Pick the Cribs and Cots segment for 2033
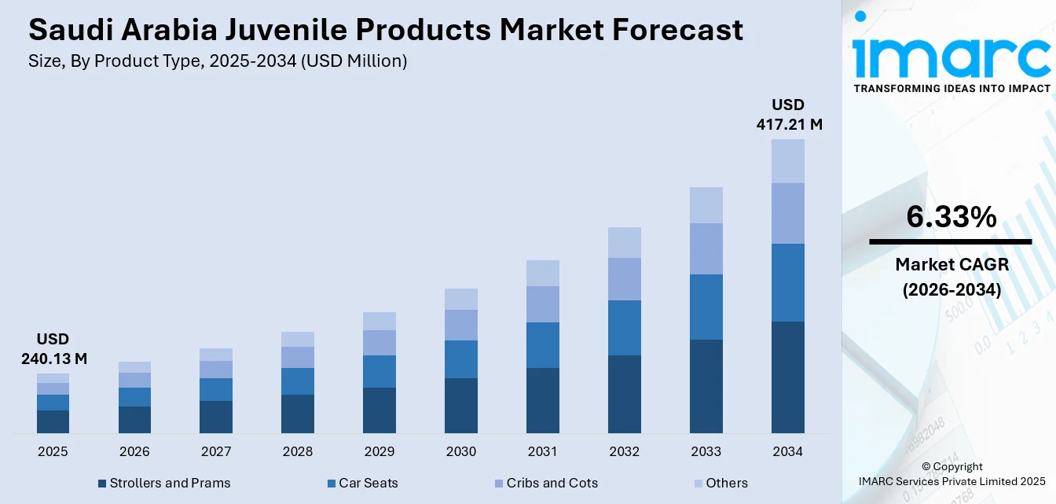(706, 248)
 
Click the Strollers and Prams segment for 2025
(53, 421)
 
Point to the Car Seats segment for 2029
(379, 371)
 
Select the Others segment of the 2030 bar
(461, 299)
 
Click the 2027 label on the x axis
(216, 452)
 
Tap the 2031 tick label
(542, 452)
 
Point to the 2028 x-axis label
(298, 452)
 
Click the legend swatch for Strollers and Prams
(102, 484)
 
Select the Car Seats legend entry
(368, 484)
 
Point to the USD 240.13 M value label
(53, 349)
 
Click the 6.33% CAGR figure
(951, 217)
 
